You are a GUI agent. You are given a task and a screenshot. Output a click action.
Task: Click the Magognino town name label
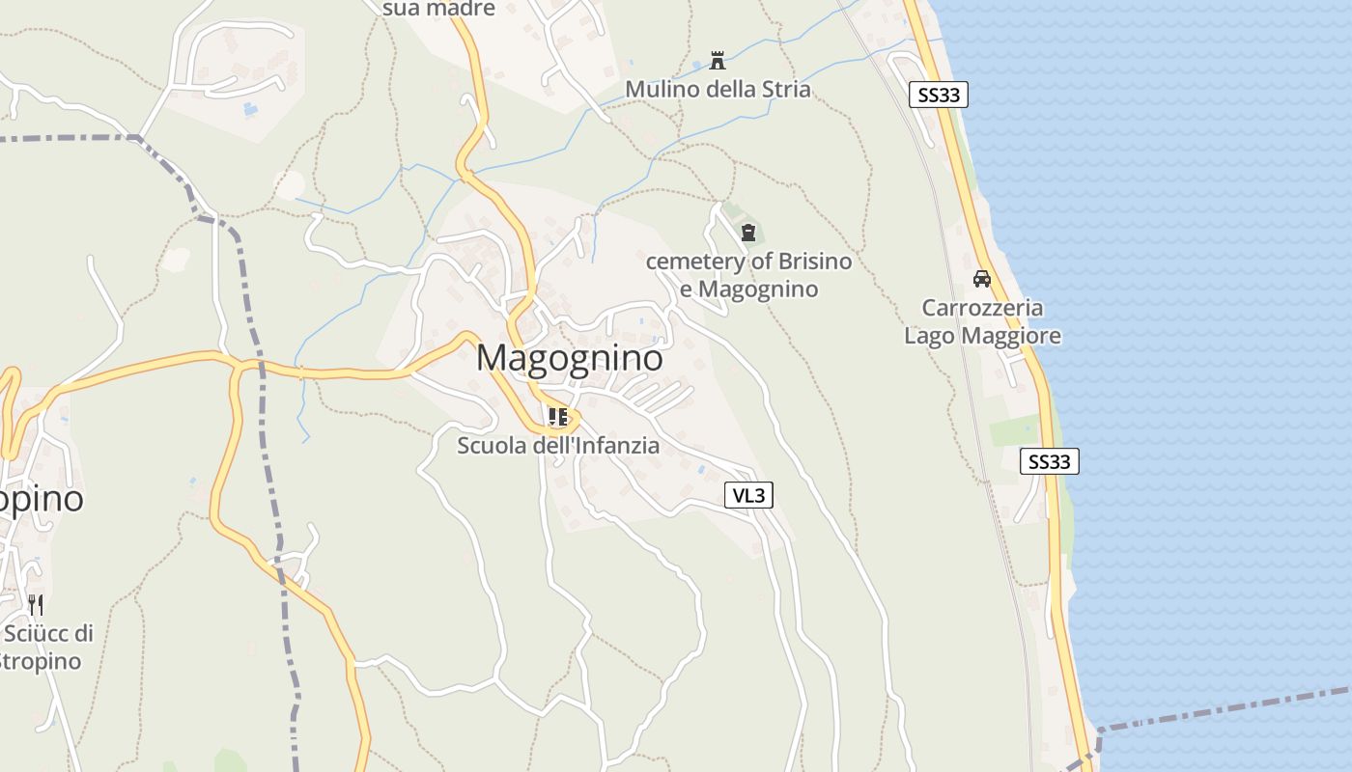click(570, 358)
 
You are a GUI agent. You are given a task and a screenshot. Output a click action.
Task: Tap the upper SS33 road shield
click(938, 95)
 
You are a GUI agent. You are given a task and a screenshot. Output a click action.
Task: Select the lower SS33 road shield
click(1049, 461)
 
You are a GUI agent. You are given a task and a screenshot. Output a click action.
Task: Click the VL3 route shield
click(748, 495)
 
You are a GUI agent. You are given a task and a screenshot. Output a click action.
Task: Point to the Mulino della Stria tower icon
click(718, 61)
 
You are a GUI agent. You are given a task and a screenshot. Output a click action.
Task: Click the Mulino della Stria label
click(718, 90)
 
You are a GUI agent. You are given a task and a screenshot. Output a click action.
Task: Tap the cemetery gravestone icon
click(747, 232)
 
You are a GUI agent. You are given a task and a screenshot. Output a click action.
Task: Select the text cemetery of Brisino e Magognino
click(748, 275)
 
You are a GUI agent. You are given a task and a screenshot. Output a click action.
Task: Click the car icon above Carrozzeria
click(982, 279)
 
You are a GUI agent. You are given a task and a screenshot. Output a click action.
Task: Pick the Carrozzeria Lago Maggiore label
click(982, 321)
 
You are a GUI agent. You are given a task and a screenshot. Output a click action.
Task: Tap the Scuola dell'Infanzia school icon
click(557, 417)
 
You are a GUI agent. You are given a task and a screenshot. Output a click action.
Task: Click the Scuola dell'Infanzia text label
click(558, 446)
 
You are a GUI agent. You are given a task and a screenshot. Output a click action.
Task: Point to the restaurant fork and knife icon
click(36, 605)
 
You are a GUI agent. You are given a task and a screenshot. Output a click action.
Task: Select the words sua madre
click(438, 9)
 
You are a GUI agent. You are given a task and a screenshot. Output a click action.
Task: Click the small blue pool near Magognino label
click(657, 339)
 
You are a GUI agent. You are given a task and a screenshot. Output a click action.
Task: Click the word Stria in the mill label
click(786, 90)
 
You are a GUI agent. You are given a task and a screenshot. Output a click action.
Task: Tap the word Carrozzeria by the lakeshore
click(982, 308)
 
